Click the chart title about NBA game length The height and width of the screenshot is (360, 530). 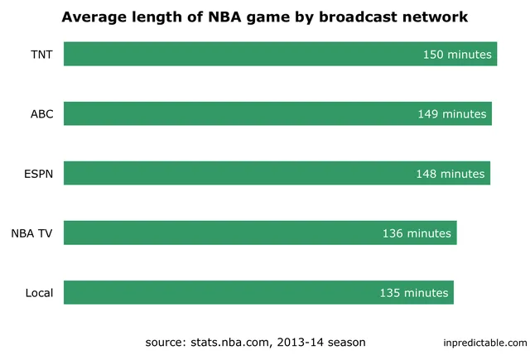tap(264, 17)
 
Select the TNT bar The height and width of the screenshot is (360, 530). tap(240, 54)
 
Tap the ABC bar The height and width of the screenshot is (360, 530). tap(240, 113)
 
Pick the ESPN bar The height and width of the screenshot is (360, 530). tap(240, 173)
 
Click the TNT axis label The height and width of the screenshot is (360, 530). tap(41, 54)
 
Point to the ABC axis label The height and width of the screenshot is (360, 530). tap(41, 113)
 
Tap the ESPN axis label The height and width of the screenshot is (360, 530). tap(39, 173)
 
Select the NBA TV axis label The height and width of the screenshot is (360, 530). tap(32, 233)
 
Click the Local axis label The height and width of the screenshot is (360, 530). tap(39, 292)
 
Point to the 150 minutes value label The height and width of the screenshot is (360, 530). tap(457, 55)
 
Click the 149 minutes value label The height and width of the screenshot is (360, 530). tap(452, 114)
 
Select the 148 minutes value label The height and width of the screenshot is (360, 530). tap(450, 174)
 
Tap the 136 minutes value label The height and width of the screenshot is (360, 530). tap(417, 233)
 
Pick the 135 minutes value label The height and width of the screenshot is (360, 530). tap(414, 293)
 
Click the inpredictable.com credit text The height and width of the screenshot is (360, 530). tap(484, 343)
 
